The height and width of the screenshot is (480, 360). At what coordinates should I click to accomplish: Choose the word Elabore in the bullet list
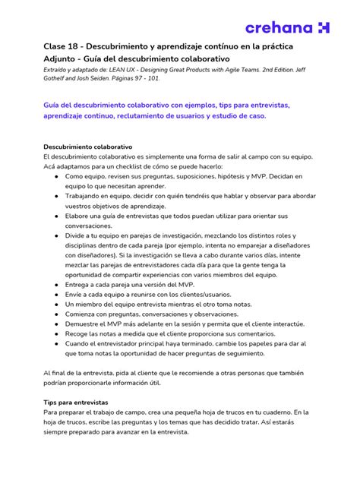[77, 215]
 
